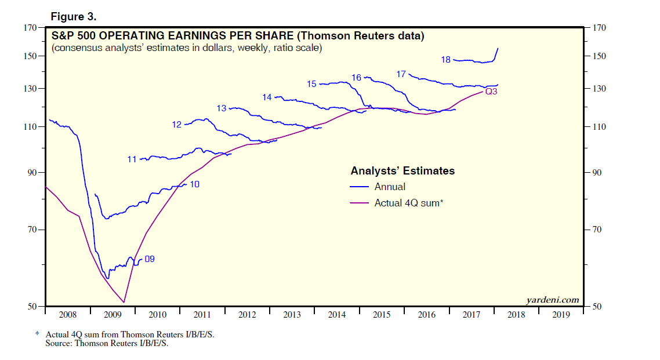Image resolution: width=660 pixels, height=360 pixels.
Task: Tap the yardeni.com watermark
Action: click(x=552, y=300)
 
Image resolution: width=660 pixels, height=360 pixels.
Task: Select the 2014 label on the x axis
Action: click(x=337, y=315)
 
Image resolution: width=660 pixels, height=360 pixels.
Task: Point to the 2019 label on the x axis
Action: click(x=561, y=315)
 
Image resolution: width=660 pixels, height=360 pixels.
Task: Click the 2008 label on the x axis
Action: click(x=67, y=315)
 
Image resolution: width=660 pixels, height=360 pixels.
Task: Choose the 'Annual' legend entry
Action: click(x=390, y=187)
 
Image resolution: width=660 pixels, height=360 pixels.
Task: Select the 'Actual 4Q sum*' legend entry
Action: click(x=409, y=203)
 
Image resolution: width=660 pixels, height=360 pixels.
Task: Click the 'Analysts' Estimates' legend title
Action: click(x=402, y=171)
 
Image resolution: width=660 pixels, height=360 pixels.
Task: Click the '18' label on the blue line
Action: click(x=446, y=59)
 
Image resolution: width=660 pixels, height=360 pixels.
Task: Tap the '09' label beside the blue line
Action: click(x=149, y=259)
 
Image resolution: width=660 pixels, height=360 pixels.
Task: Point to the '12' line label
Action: click(x=177, y=124)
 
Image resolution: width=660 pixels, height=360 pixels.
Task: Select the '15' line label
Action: click(x=311, y=84)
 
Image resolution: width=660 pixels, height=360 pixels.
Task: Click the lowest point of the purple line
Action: click(x=124, y=302)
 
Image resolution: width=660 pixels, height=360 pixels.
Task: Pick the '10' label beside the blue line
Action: click(x=194, y=184)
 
